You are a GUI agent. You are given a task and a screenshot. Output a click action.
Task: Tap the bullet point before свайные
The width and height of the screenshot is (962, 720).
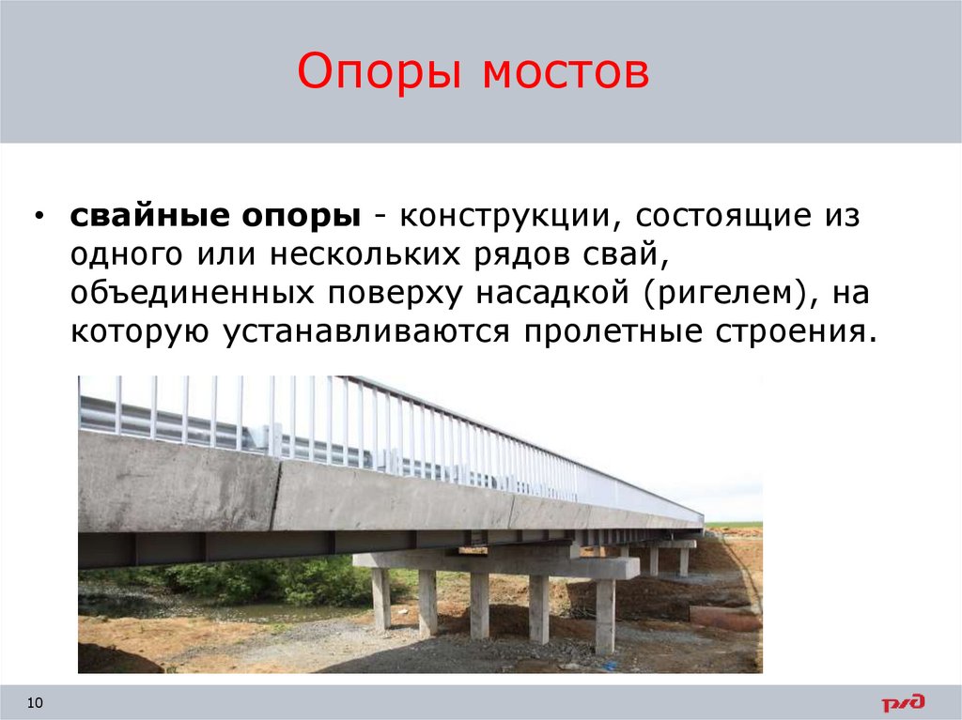point(39,216)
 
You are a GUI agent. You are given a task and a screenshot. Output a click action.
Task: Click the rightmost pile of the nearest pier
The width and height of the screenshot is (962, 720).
point(605,615)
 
